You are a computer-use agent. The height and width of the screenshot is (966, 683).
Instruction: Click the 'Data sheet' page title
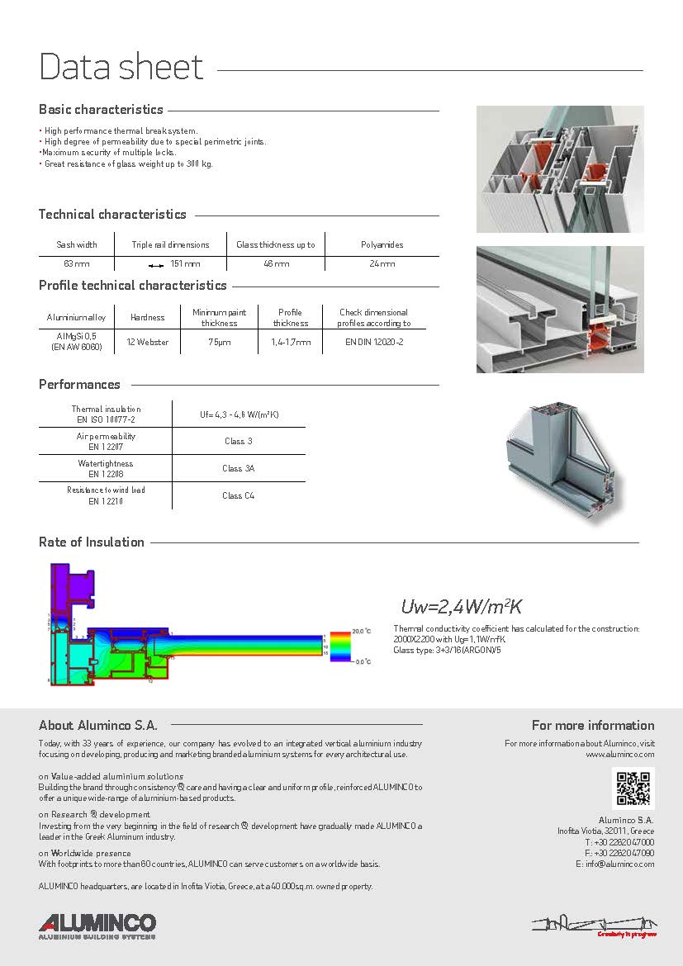pyautogui.click(x=121, y=67)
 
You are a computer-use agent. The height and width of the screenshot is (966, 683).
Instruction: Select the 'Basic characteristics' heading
pyautogui.click(x=101, y=110)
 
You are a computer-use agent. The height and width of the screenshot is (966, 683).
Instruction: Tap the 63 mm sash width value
pyautogui.click(x=77, y=264)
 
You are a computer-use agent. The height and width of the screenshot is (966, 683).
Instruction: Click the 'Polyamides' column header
pyautogui.click(x=382, y=245)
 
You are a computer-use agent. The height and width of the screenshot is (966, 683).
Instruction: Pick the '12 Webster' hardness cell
pyautogui.click(x=148, y=342)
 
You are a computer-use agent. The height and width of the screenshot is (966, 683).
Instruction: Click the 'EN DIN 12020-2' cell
pyautogui.click(x=374, y=342)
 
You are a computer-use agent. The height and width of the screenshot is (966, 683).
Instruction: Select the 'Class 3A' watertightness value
pyautogui.click(x=239, y=468)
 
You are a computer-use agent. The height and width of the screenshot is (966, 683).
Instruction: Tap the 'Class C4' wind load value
pyautogui.click(x=239, y=495)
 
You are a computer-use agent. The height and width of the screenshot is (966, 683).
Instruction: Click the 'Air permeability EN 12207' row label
pyautogui.click(x=106, y=441)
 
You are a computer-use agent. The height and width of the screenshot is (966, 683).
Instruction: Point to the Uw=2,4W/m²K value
pyautogui.click(x=461, y=607)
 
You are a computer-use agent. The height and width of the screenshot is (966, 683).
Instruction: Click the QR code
pyautogui.click(x=633, y=788)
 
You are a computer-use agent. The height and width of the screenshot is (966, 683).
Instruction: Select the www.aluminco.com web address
pyautogui.click(x=619, y=755)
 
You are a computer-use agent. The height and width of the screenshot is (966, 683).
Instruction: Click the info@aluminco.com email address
pyautogui.click(x=615, y=864)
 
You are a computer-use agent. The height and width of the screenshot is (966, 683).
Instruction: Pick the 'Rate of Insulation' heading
pyautogui.click(x=92, y=542)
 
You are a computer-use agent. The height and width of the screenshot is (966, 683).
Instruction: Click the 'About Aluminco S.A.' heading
pyautogui.click(x=97, y=726)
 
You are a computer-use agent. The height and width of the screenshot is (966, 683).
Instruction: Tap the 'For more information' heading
pyautogui.click(x=593, y=726)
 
